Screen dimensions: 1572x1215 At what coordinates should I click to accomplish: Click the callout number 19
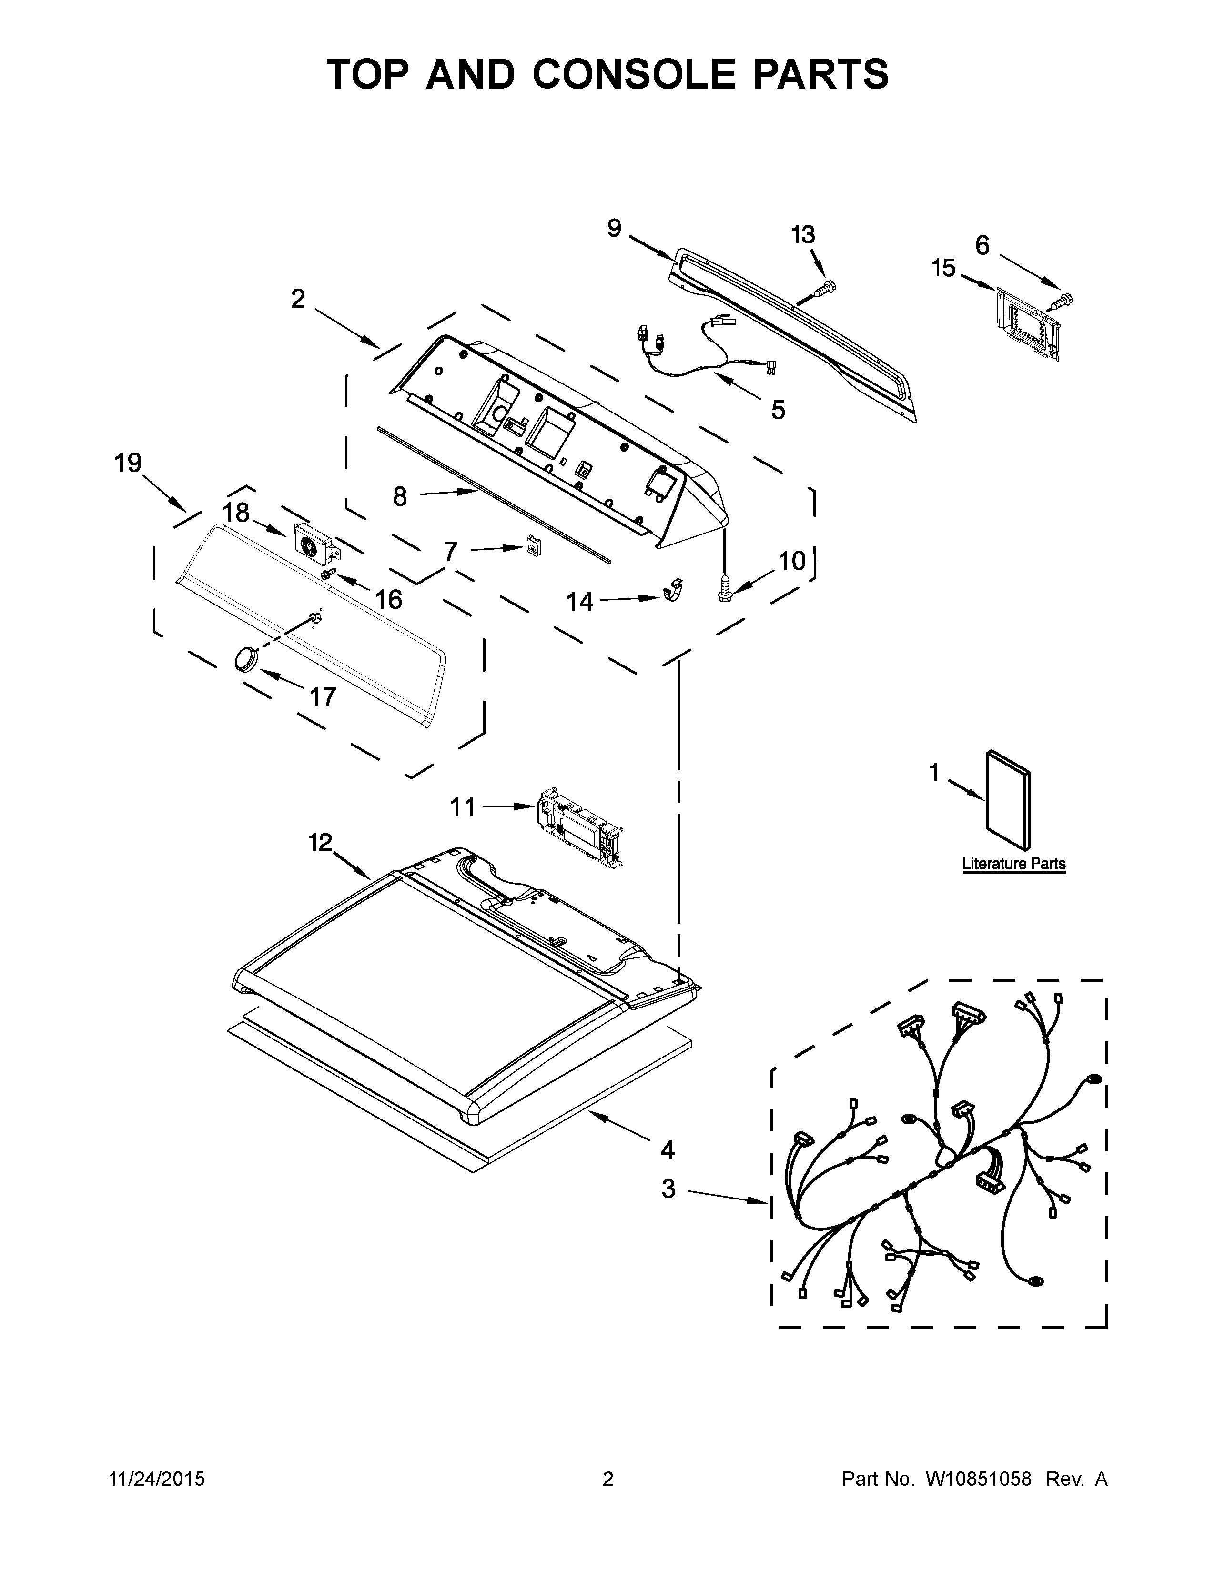coord(128,463)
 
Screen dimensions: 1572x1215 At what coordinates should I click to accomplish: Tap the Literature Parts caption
coord(1013,864)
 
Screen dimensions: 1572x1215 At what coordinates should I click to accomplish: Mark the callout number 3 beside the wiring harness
coord(668,1189)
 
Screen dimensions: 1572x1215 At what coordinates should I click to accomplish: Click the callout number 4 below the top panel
coord(667,1149)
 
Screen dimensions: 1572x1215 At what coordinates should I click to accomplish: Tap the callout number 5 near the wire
coord(778,410)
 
